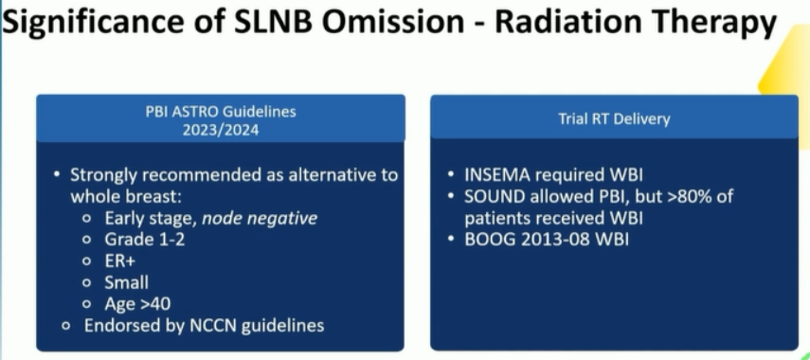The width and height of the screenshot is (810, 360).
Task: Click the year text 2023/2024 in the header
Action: pos(221,129)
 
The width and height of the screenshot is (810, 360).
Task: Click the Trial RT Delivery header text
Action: pos(614,119)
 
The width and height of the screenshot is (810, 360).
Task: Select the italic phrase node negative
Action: pos(260,219)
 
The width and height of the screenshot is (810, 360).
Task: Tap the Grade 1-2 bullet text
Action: pos(145,241)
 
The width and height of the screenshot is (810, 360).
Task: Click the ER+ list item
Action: pos(120,261)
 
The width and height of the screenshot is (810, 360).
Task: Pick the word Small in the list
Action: pos(127,282)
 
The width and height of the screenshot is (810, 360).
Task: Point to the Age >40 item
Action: pos(137,304)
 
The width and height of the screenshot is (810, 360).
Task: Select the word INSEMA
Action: pos(497,175)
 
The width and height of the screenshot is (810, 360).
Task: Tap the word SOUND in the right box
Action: pos(492,197)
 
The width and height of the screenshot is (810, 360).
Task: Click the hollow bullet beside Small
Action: pos(87,283)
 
